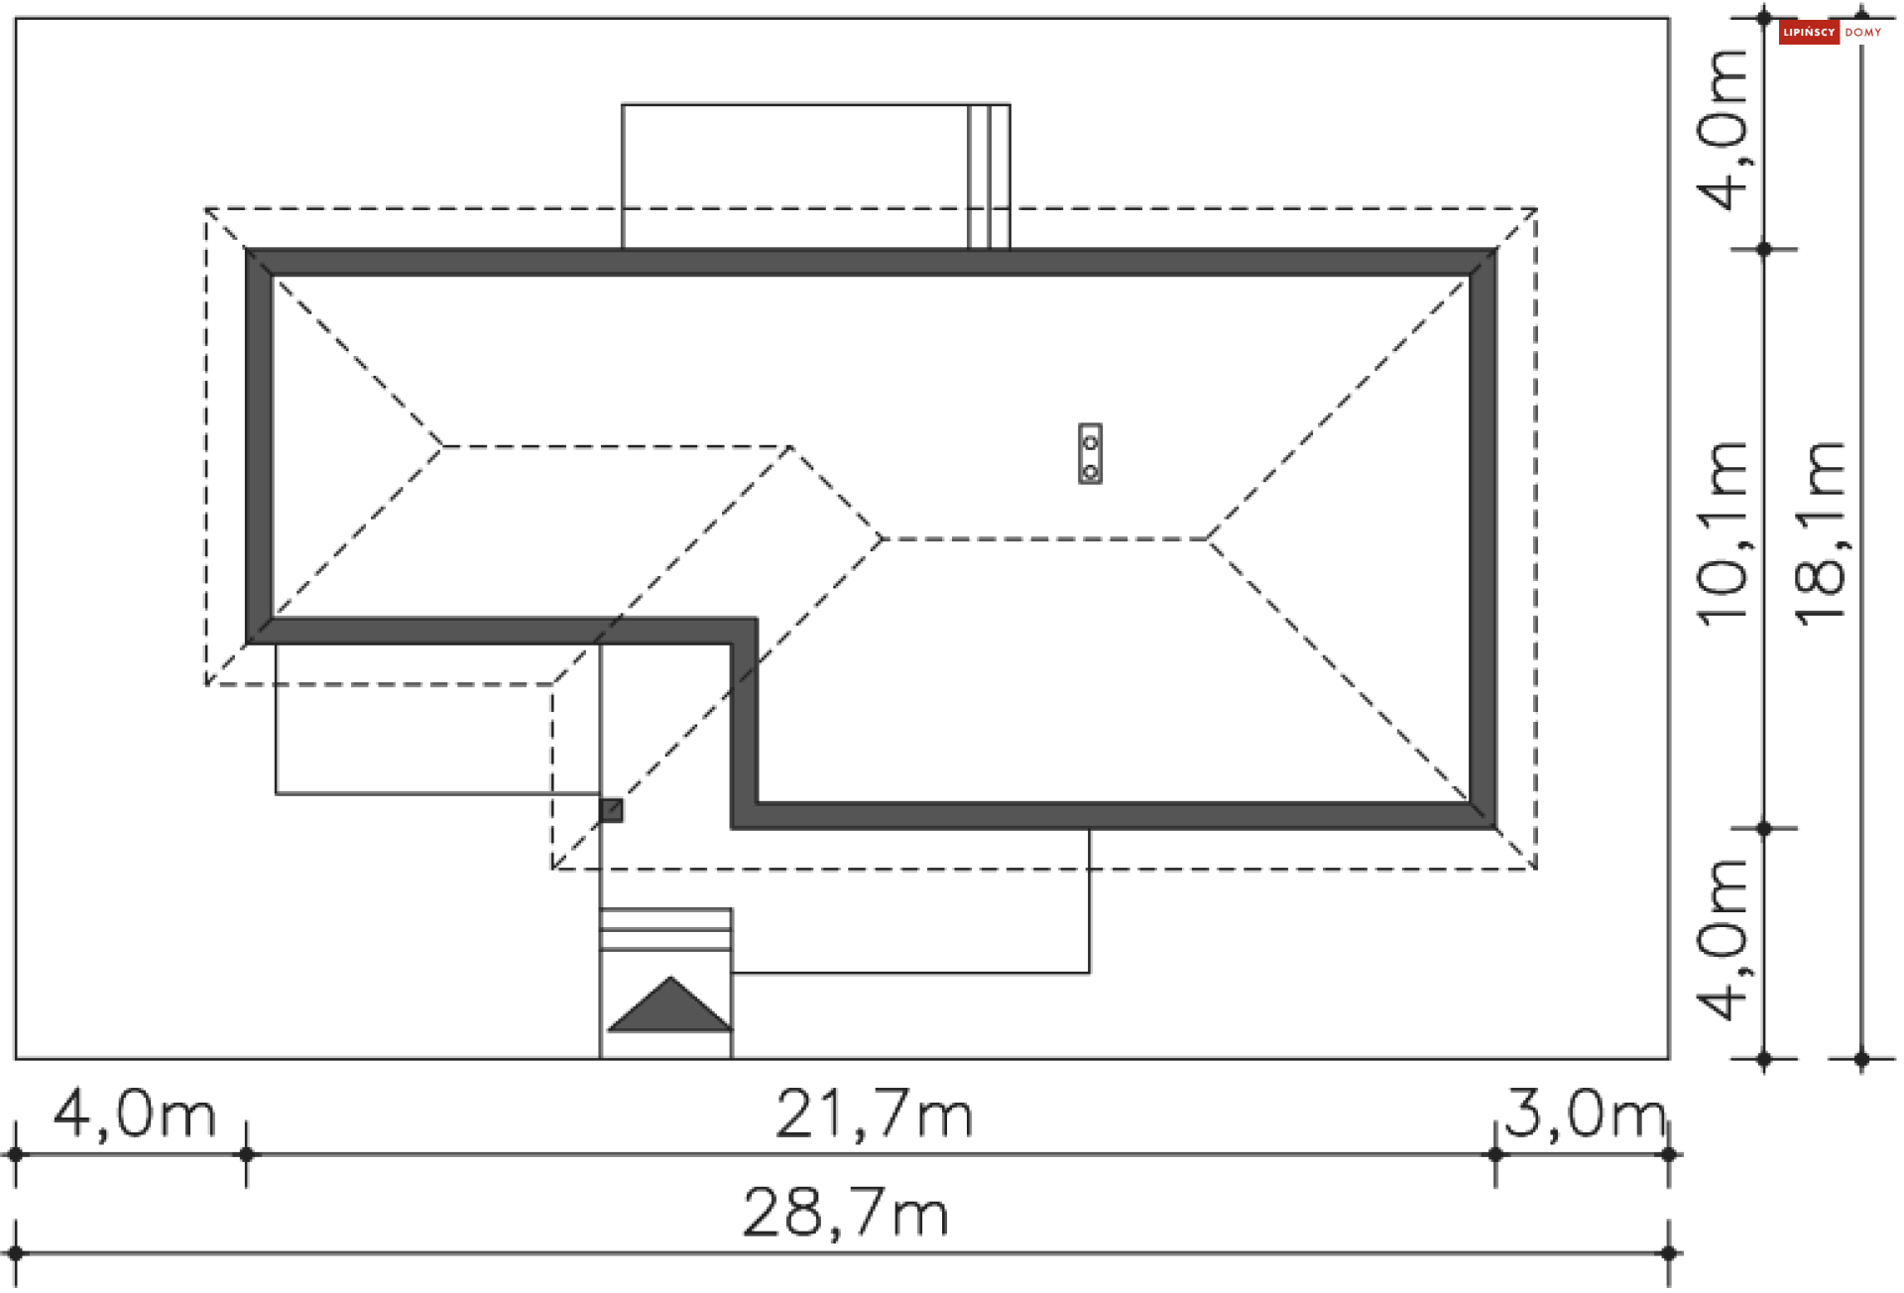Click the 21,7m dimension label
[x=873, y=1115]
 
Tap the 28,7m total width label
[x=846, y=1213]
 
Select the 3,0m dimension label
[x=1585, y=1114]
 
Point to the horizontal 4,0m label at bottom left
[x=135, y=1114]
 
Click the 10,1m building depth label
[x=1724, y=533]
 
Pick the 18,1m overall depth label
[x=1821, y=533]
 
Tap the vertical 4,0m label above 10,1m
[x=1724, y=129]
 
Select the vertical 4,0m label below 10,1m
[x=1724, y=940]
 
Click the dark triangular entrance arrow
[x=669, y=1007]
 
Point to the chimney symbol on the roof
[x=1090, y=454]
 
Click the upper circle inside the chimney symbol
[x=1090, y=441]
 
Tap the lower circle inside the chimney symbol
[x=1090, y=471]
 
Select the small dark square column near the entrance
[x=612, y=811]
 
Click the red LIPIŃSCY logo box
[x=1808, y=33]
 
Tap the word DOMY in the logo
[x=1863, y=33]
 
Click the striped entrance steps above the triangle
[x=665, y=929]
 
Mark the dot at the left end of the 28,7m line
[x=16, y=1253]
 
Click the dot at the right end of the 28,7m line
[x=1669, y=1253]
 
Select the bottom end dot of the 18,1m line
[x=1861, y=1060]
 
